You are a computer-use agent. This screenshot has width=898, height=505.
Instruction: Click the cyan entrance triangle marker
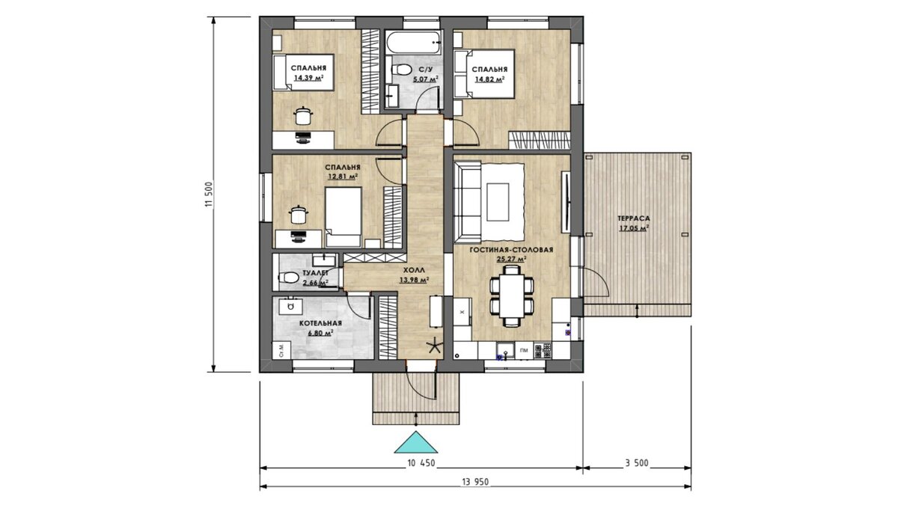point(416,443)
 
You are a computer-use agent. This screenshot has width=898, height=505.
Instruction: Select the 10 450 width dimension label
point(421,463)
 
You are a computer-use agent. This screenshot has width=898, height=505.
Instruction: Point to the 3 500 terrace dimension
point(637,463)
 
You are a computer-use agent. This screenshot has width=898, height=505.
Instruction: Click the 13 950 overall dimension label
point(475,482)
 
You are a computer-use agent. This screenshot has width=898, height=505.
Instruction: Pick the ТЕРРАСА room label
point(634,218)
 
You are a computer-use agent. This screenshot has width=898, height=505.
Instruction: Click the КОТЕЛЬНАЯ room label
point(321,323)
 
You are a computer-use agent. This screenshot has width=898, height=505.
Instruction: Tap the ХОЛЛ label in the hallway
point(414,270)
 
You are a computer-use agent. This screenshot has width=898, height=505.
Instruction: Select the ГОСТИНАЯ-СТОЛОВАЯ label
point(511,250)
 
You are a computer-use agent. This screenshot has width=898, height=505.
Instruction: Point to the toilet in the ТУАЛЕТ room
point(288,278)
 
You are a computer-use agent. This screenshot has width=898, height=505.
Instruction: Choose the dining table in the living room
point(512,296)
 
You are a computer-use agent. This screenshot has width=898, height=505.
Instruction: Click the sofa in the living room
point(468,202)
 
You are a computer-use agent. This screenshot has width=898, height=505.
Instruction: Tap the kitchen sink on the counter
point(506,351)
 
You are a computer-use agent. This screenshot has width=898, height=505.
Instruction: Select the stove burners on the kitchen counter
point(543,351)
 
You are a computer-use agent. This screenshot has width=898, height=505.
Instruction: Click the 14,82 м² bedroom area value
point(489,79)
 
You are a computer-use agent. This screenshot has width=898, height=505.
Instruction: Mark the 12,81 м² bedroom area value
point(343,177)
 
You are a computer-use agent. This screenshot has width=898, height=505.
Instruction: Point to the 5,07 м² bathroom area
point(425,79)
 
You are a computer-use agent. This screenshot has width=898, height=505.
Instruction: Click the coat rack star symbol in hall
point(434,346)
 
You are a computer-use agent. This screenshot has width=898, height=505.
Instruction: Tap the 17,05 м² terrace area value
point(635,228)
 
